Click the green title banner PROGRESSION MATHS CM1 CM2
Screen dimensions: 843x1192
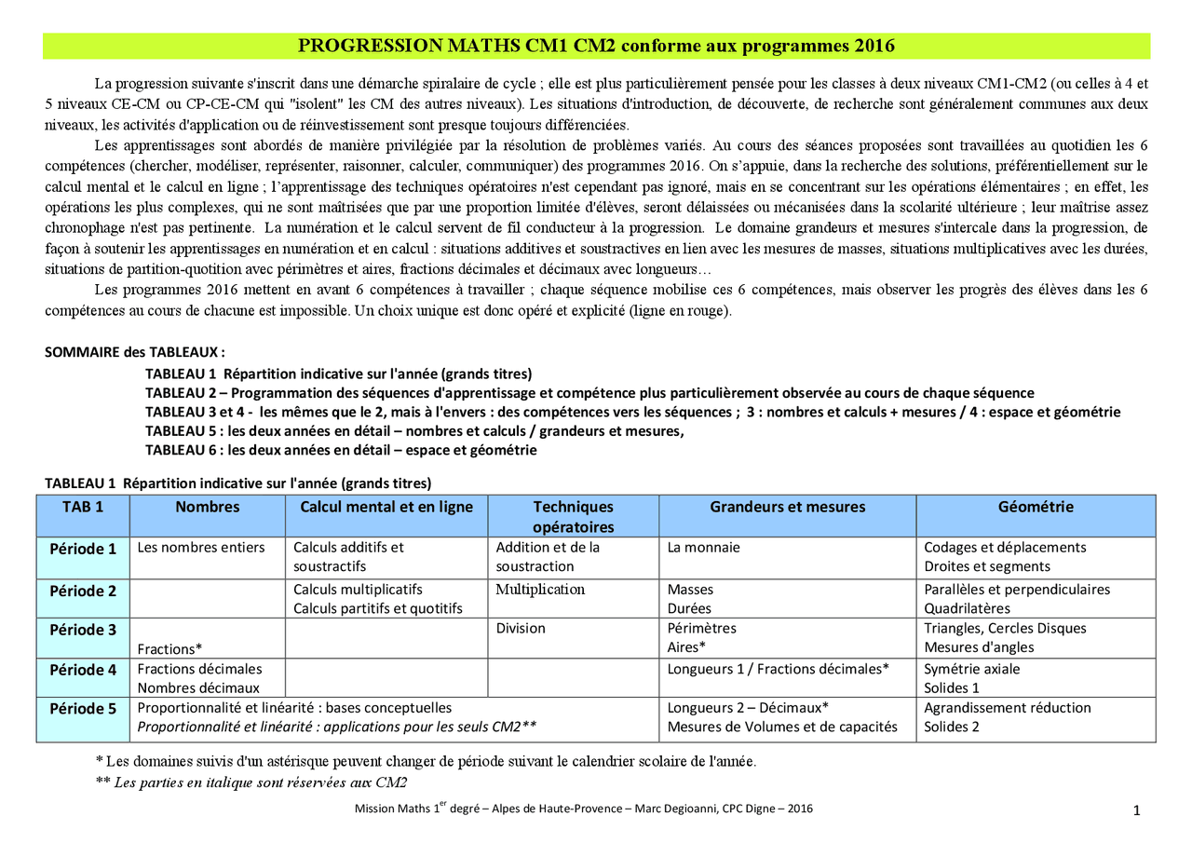click(x=596, y=46)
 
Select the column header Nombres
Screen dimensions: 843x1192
click(x=207, y=508)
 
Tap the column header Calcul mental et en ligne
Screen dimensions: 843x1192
click(x=386, y=508)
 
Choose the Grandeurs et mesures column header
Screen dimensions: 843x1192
click(x=787, y=508)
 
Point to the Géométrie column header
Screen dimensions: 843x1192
click(x=1036, y=508)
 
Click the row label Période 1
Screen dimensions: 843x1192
click(x=83, y=549)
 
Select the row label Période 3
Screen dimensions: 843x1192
click(x=83, y=630)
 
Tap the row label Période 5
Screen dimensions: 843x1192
click(x=83, y=709)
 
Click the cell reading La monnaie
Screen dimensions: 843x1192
click(x=703, y=548)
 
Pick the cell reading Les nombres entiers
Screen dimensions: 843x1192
click(x=201, y=548)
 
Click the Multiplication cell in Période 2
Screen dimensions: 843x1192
click(x=540, y=590)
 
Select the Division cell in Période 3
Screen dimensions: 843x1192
click(x=521, y=629)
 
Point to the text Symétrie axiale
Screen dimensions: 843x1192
click(x=971, y=669)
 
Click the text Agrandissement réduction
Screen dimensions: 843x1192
click(x=1007, y=708)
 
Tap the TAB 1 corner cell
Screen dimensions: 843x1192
click(x=83, y=508)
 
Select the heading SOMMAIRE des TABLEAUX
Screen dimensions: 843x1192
click(x=135, y=353)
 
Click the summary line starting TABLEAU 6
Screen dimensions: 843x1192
click(x=341, y=450)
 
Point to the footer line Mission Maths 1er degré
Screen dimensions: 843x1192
click(x=583, y=809)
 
